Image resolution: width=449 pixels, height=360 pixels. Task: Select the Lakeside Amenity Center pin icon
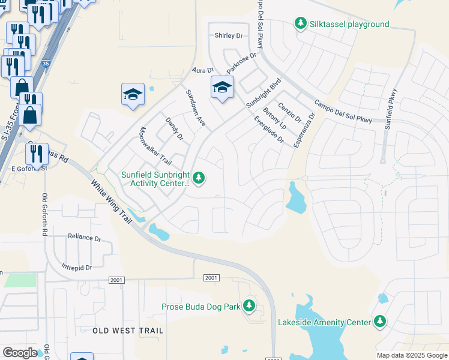point(379,322)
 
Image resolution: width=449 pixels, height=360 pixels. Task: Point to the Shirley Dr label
point(229,36)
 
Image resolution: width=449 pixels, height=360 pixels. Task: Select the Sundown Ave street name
point(196,108)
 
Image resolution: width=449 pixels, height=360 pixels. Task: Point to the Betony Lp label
point(274,118)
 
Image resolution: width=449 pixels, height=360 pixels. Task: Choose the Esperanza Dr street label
point(304,131)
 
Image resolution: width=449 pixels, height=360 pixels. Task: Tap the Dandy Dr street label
point(173,128)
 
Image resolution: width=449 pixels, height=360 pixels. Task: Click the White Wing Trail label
point(111,203)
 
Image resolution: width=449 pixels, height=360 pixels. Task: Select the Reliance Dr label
point(84,238)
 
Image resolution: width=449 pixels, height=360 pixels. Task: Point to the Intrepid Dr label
point(76,267)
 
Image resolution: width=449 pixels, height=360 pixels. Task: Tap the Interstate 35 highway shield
point(46,63)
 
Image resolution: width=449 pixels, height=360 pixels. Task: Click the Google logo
point(20,353)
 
